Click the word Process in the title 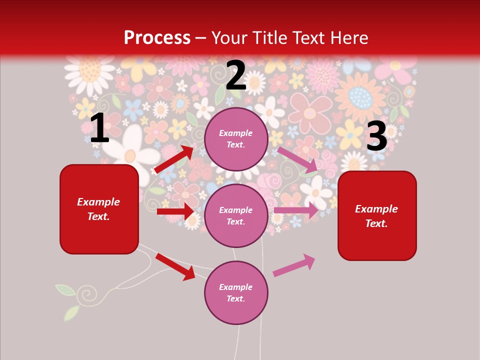[x=157, y=37]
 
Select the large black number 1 [x=99, y=128]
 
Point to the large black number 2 [x=236, y=75]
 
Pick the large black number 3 [x=376, y=136]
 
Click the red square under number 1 [x=99, y=209]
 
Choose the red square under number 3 [x=377, y=216]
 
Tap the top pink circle [x=236, y=139]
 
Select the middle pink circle [x=236, y=216]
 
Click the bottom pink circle [x=236, y=293]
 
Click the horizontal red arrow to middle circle [x=175, y=211]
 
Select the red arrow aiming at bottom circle [x=175, y=266]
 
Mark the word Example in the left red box [x=98, y=202]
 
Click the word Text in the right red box [x=376, y=223]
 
